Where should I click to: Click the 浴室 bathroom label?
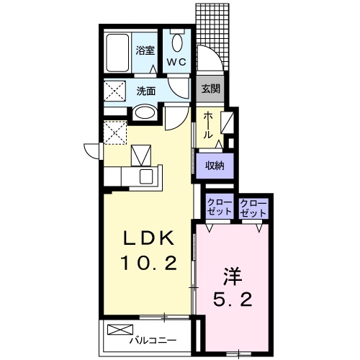pyautogui.click(x=145, y=50)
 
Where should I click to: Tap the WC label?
pyautogui.click(x=176, y=62)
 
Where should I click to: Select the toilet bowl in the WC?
pyautogui.click(x=177, y=42)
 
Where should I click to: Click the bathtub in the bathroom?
pyautogui.click(x=117, y=53)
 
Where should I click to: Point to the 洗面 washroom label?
pyautogui.click(x=146, y=91)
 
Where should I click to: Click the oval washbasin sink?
pyautogui.click(x=144, y=113)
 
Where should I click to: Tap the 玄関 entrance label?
pyautogui.click(x=210, y=89)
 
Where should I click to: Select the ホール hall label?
pyautogui.click(x=208, y=125)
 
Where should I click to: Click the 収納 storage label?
pyautogui.click(x=215, y=166)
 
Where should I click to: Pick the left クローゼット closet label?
pyautogui.click(x=220, y=207)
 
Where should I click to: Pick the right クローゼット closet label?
pyautogui.click(x=253, y=207)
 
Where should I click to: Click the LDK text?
pyautogui.click(x=149, y=238)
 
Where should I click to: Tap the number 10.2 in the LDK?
pyautogui.click(x=149, y=263)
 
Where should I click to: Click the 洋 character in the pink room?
pyautogui.click(x=233, y=276)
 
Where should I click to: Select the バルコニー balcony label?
pyautogui.click(x=153, y=340)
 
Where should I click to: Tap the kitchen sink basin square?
pyautogui.click(x=146, y=176)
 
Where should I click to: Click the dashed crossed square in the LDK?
pyautogui.click(x=115, y=132)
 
